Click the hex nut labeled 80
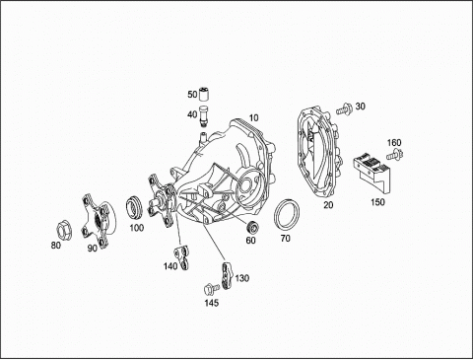[64, 230]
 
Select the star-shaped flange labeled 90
[98, 220]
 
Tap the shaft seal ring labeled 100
[134, 208]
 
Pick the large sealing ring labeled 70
[287, 214]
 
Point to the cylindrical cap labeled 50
[206, 94]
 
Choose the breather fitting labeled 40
[204, 115]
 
